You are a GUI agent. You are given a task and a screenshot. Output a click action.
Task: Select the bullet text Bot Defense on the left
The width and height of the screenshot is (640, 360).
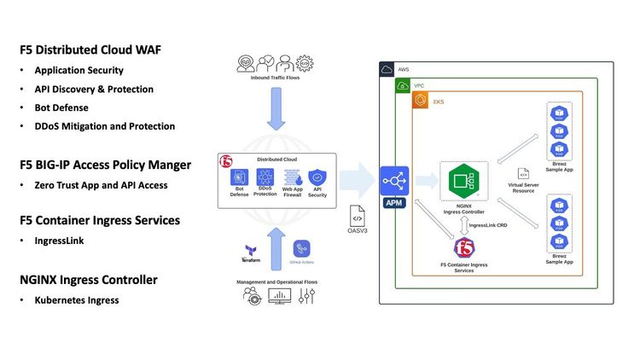coord(61,107)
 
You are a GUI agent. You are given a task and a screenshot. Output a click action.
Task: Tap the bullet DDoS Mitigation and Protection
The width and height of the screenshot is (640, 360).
coord(104,126)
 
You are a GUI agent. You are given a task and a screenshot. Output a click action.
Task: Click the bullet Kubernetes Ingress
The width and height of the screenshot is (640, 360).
coord(76,300)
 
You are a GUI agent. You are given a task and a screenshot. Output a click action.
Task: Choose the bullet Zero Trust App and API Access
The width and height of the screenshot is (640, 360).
coord(101,185)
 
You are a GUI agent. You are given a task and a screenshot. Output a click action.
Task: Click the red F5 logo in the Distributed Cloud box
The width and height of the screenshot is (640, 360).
coord(227,161)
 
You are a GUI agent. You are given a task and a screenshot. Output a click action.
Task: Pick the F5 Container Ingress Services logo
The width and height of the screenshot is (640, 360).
coord(464,249)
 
